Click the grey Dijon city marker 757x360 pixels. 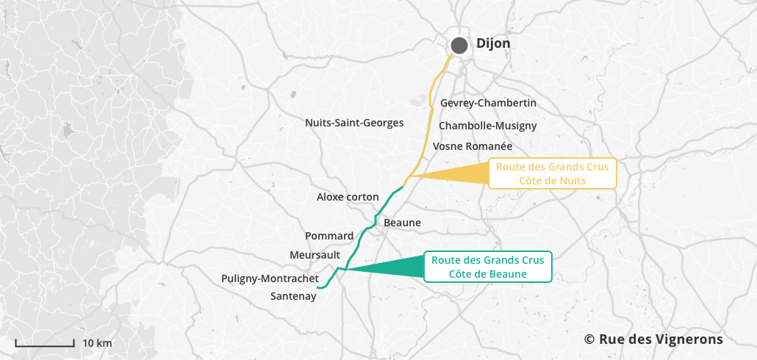pyautogui.click(x=459, y=46)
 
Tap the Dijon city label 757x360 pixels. pyautogui.click(x=493, y=44)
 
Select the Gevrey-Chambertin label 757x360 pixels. pyautogui.click(x=488, y=103)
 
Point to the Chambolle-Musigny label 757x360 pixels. pyautogui.click(x=488, y=126)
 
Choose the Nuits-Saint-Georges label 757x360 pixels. pyautogui.click(x=354, y=123)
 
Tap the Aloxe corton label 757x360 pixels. pyautogui.click(x=348, y=197)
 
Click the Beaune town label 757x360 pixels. pyautogui.click(x=402, y=222)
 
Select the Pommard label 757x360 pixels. pyautogui.click(x=329, y=236)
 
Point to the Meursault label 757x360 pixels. pyautogui.click(x=315, y=254)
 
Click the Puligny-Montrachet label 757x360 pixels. pyautogui.click(x=270, y=278)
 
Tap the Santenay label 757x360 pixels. pyautogui.click(x=293, y=296)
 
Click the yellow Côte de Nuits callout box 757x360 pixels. pyautogui.click(x=553, y=173)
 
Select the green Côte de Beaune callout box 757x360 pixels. pyautogui.click(x=488, y=267)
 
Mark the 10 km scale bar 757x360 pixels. pyautogui.click(x=45, y=343)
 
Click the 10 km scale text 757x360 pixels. pyautogui.click(x=97, y=343)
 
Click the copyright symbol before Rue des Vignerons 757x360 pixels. pyautogui.click(x=589, y=339)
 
